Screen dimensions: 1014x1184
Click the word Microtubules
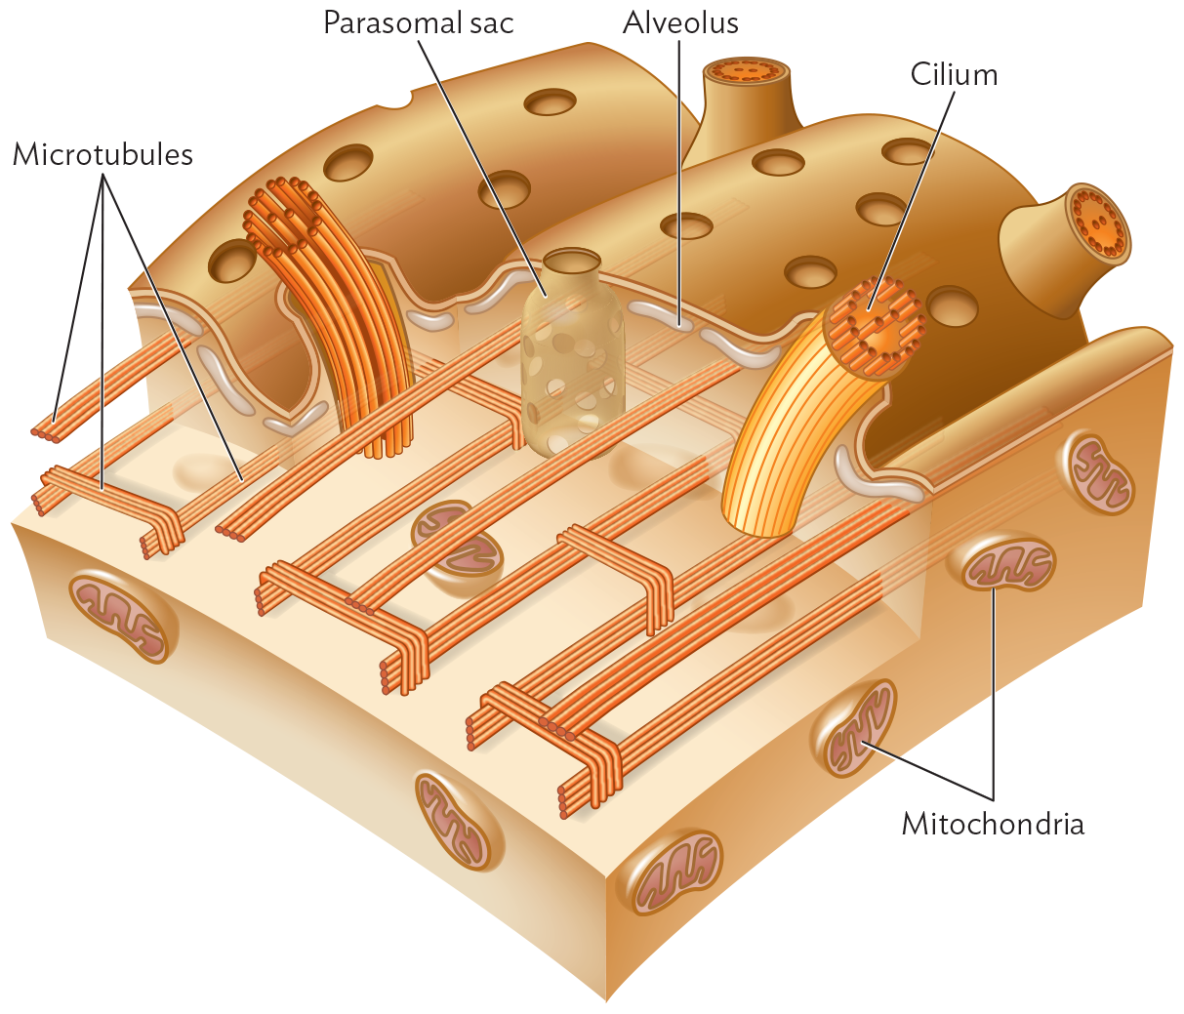102,154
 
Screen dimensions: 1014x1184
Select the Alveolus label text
680,22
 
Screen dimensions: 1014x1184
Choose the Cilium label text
954,74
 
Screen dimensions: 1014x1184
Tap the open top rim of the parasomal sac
572,261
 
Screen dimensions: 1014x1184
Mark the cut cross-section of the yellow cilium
874,327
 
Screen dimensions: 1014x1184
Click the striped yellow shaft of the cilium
781,449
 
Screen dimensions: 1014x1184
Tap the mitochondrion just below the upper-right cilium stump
1099,473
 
